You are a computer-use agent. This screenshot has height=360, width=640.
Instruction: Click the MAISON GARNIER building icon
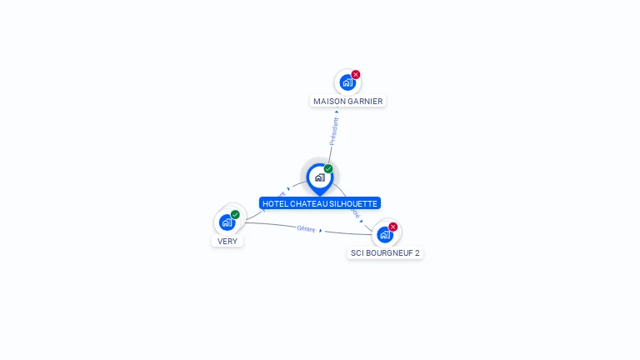tap(347, 82)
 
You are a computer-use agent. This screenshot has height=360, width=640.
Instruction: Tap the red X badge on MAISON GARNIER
tap(356, 74)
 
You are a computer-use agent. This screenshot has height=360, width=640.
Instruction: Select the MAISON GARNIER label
tap(347, 101)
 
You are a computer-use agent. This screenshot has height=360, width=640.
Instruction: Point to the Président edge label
tap(334, 131)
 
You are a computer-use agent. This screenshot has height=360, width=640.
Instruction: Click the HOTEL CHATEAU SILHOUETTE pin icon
tap(319, 177)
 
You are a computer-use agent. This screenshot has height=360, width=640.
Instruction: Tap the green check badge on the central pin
tap(328, 168)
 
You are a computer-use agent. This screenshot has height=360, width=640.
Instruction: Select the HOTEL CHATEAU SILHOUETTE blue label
tap(320, 203)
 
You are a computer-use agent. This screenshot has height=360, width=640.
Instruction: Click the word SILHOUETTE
tap(354, 203)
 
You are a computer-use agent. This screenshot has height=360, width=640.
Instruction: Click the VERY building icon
tap(227, 222)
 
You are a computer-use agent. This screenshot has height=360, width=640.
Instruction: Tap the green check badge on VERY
tap(235, 214)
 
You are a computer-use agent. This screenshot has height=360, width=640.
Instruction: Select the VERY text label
tap(227, 242)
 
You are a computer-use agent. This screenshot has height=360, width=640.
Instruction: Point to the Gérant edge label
tap(306, 228)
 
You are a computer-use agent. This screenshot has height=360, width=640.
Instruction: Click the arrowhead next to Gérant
tap(321, 230)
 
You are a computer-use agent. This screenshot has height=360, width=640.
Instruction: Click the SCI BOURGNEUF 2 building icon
tap(384, 234)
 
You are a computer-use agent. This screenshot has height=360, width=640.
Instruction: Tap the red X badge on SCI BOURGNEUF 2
tap(392, 227)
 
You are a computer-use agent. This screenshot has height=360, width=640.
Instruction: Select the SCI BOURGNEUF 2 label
tap(385, 252)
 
